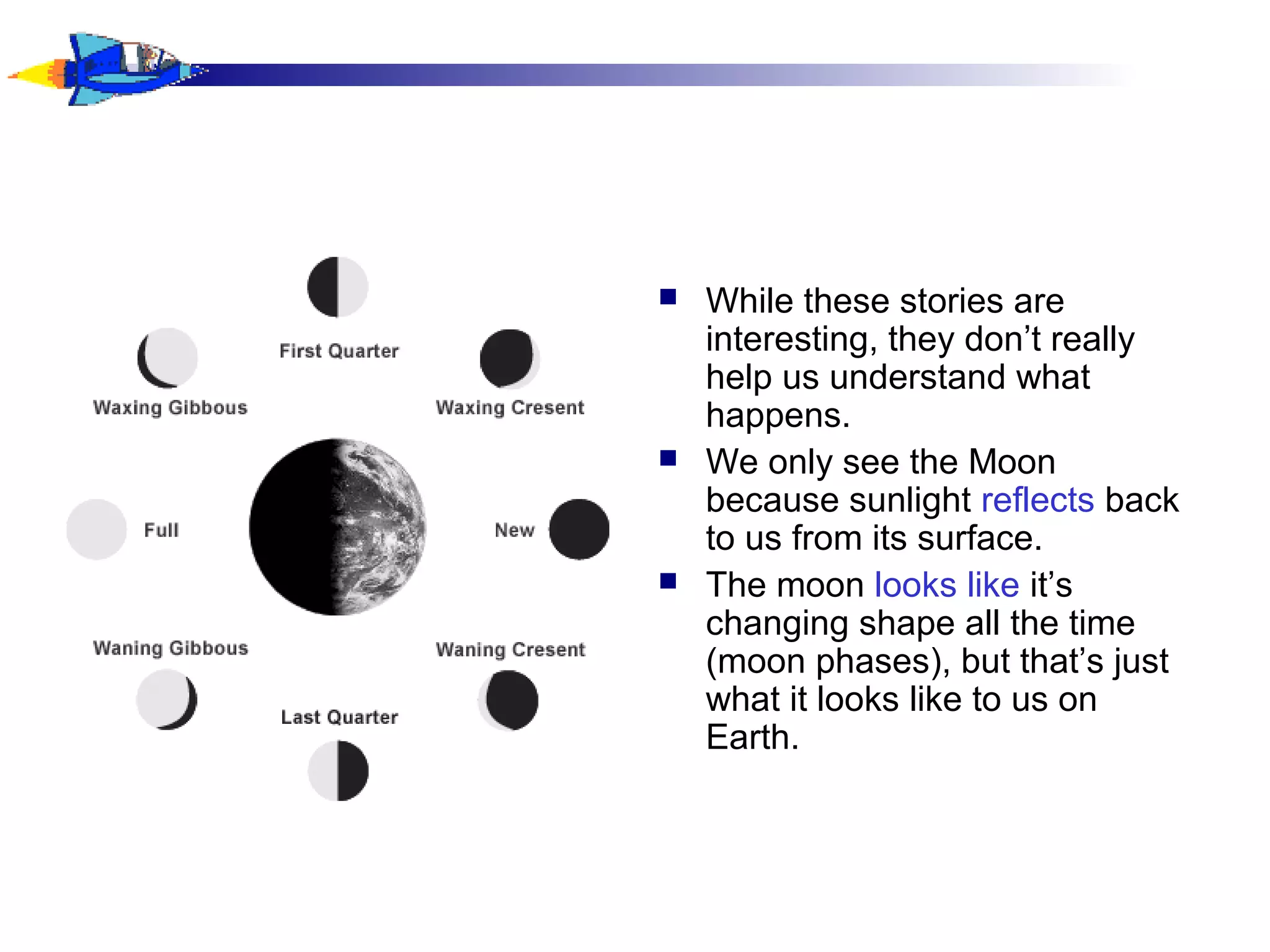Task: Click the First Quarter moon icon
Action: point(338,287)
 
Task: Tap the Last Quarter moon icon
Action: point(338,771)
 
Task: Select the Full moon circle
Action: point(97,530)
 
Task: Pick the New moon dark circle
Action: point(579,529)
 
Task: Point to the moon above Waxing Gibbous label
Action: point(167,358)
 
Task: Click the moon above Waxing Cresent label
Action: point(509,359)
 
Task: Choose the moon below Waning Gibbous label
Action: point(167,700)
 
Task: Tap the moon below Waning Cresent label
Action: point(508,701)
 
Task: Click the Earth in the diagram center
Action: point(338,527)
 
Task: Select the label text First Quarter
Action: point(339,351)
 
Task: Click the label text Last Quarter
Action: point(339,717)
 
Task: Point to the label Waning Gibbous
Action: point(171,648)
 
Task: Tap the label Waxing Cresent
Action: point(510,408)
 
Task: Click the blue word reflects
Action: point(1037,500)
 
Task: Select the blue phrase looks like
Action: point(946,585)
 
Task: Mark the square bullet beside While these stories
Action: point(668,297)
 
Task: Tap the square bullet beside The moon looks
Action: point(668,581)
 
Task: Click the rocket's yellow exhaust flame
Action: point(31,75)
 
